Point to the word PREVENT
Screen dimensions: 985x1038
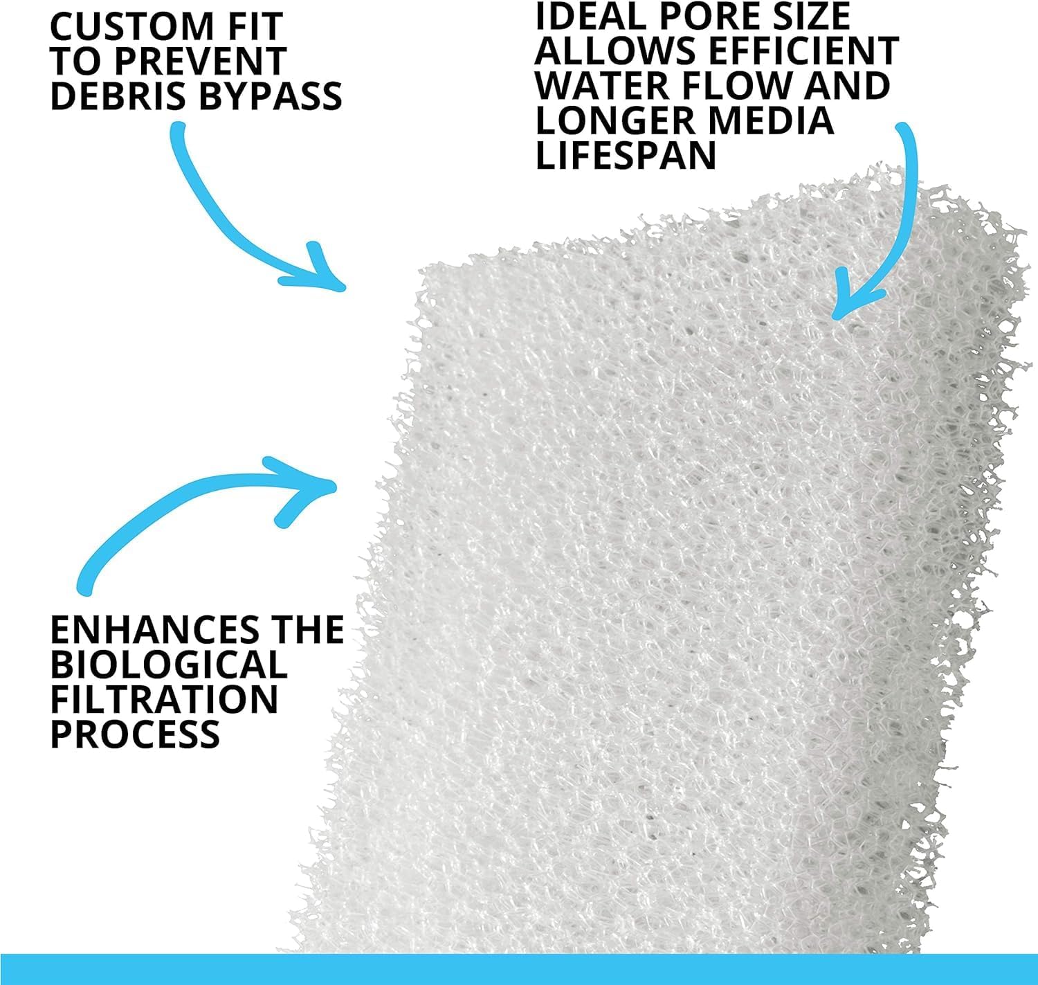coord(201,62)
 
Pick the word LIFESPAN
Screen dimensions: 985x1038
coord(626,154)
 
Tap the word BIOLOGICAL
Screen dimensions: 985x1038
coord(168,665)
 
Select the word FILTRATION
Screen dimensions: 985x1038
coord(164,699)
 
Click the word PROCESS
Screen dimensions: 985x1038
coord(135,734)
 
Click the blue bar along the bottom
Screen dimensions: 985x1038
coord(519,969)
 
